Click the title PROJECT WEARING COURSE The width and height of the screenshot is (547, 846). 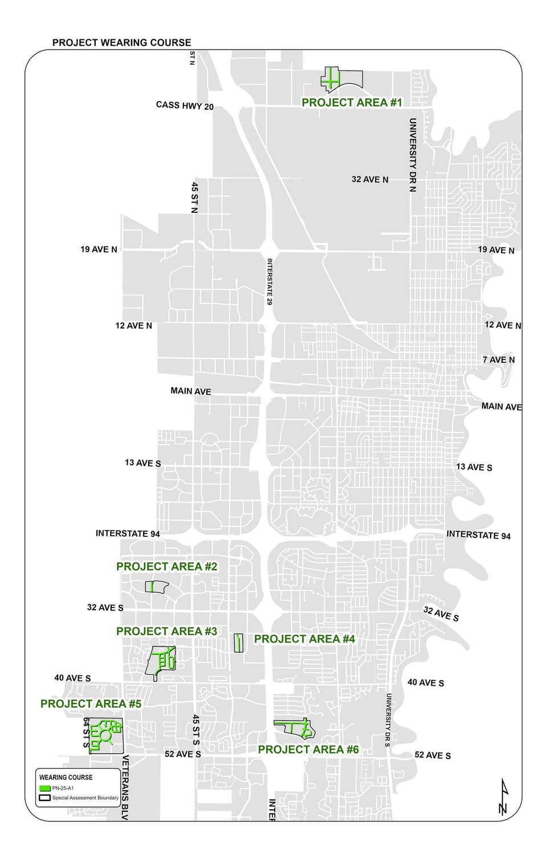click(x=121, y=42)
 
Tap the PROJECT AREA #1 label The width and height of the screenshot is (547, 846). click(x=352, y=103)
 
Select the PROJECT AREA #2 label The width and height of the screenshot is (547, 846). click(x=166, y=566)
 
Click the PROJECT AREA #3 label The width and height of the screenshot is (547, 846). click(x=166, y=632)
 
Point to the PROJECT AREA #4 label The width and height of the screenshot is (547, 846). click(x=304, y=639)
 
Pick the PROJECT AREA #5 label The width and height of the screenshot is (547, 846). click(x=91, y=704)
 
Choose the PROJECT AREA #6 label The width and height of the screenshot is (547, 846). click(x=308, y=750)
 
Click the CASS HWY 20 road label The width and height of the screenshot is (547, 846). click(x=185, y=106)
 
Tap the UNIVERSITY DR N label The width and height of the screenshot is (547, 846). click(x=413, y=155)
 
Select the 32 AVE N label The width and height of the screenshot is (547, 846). click(x=370, y=179)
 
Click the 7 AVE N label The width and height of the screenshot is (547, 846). click(x=498, y=359)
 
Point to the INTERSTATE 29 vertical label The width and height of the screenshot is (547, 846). click(x=270, y=282)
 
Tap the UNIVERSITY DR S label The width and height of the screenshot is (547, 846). click(x=388, y=720)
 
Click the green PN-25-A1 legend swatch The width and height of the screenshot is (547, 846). click(x=44, y=788)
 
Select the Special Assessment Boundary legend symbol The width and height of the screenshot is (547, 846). click(x=44, y=798)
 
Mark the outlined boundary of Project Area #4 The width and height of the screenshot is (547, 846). click(x=239, y=643)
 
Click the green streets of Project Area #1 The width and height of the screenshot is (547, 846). click(x=330, y=80)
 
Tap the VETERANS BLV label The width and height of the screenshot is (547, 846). click(x=125, y=787)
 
